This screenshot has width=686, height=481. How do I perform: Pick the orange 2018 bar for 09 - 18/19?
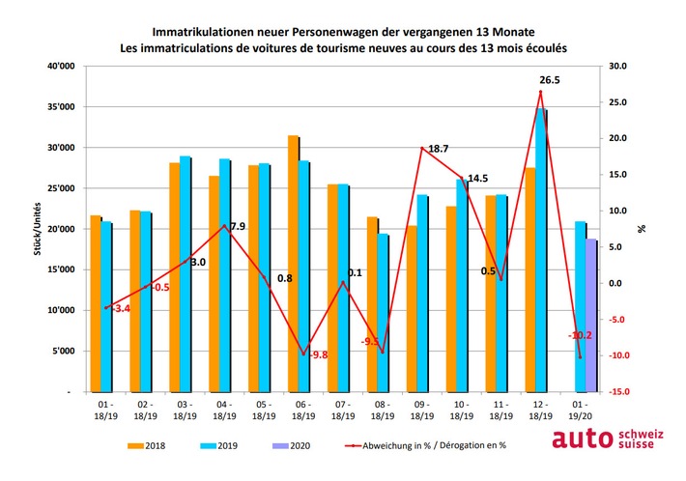pos(412,309)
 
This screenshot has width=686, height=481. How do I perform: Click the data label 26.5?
pos(551,78)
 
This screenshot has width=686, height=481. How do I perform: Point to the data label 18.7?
pos(438,149)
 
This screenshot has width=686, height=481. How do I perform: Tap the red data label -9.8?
pos(318,354)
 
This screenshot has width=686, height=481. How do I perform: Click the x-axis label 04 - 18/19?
pos(224,410)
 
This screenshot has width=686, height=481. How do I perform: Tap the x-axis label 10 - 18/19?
pos(461,410)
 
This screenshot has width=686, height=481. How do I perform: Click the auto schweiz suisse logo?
pos(608,439)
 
